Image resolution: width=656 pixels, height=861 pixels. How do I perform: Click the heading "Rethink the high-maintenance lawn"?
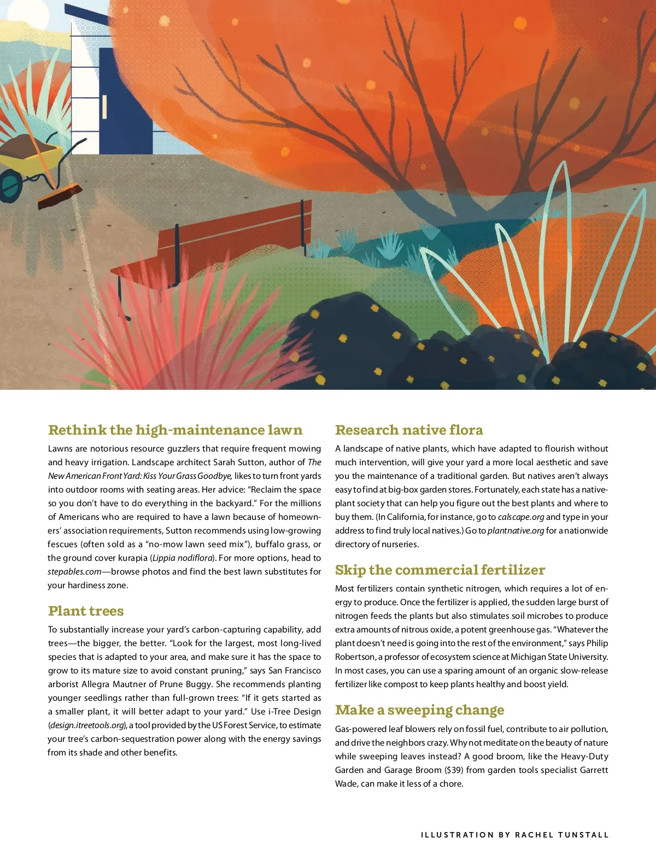pyautogui.click(x=175, y=430)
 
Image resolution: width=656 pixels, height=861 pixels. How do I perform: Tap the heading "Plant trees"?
pyautogui.click(x=86, y=611)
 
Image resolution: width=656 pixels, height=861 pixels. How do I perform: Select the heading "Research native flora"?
pyautogui.click(x=409, y=430)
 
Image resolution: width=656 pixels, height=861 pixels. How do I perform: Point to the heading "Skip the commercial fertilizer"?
pyautogui.click(x=440, y=570)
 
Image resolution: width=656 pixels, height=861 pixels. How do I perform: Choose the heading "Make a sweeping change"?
pyautogui.click(x=419, y=710)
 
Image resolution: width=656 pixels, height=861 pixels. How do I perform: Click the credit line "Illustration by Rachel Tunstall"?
pyautogui.click(x=514, y=835)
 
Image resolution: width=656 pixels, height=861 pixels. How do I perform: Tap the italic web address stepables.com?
pyautogui.click(x=74, y=572)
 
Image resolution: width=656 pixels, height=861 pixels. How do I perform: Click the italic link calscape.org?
pyautogui.click(x=521, y=517)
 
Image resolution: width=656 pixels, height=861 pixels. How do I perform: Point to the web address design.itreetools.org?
pyautogui.click(x=87, y=725)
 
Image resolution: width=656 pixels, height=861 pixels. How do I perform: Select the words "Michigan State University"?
pyautogui.click(x=559, y=657)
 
